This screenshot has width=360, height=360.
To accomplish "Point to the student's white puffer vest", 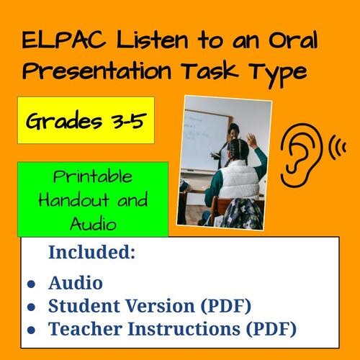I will [238, 184].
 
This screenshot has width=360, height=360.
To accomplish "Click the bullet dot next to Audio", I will [31, 283].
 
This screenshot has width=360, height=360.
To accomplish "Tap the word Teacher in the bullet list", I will [82, 330].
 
